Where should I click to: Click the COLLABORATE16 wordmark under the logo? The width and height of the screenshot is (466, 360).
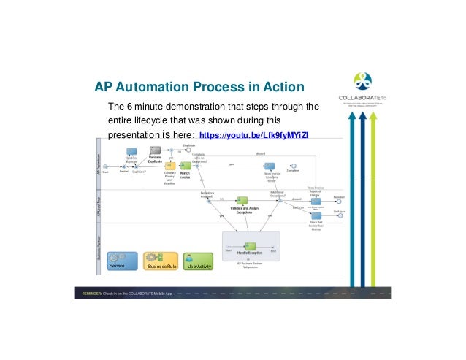pyautogui.click(x=363, y=98)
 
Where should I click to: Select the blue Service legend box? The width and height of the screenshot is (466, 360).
pyautogui.click(x=122, y=261)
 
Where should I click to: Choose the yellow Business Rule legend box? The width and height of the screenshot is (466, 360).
pyautogui.click(x=161, y=261)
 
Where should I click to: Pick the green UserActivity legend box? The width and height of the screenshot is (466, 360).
pyautogui.click(x=198, y=261)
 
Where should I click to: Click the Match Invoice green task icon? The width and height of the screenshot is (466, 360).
pyautogui.click(x=185, y=166)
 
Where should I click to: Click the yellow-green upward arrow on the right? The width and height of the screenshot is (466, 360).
pyautogui.click(x=374, y=197)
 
